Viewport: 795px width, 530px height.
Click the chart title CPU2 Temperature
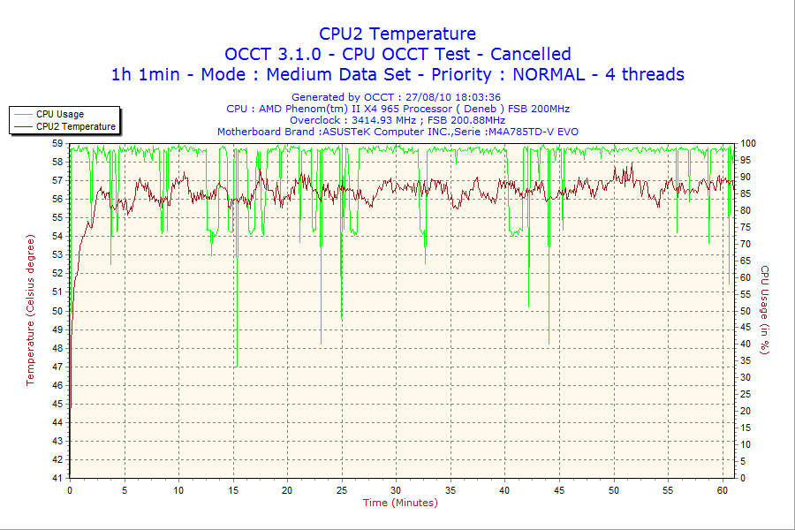coord(397,34)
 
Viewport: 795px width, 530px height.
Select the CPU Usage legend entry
coord(59,114)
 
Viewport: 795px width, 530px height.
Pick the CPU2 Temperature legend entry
coord(75,126)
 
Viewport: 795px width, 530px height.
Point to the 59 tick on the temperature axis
coord(57,143)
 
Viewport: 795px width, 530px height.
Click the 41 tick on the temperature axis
coord(57,478)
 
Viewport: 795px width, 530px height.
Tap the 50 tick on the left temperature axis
coord(57,311)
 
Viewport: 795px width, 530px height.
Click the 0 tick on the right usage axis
coord(743,478)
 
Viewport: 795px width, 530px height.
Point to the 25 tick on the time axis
coord(341,490)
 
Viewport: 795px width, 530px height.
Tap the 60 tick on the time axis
coord(723,490)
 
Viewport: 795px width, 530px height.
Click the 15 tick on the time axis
coord(233,490)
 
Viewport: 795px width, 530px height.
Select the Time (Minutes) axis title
coord(400,503)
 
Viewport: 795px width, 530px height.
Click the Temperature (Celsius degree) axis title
coord(30,310)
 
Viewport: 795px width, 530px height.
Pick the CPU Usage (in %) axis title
coord(765,310)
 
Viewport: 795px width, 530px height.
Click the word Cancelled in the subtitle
coord(531,54)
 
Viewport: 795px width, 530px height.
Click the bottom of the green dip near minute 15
coord(237,366)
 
